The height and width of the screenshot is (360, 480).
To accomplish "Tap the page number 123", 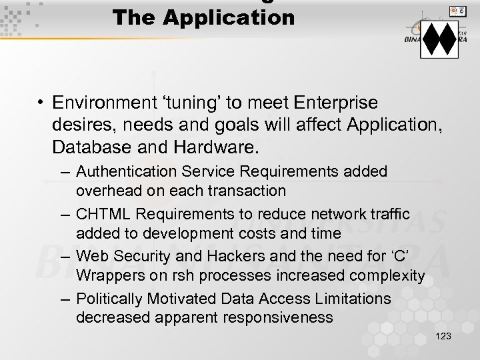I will click(x=442, y=337).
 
